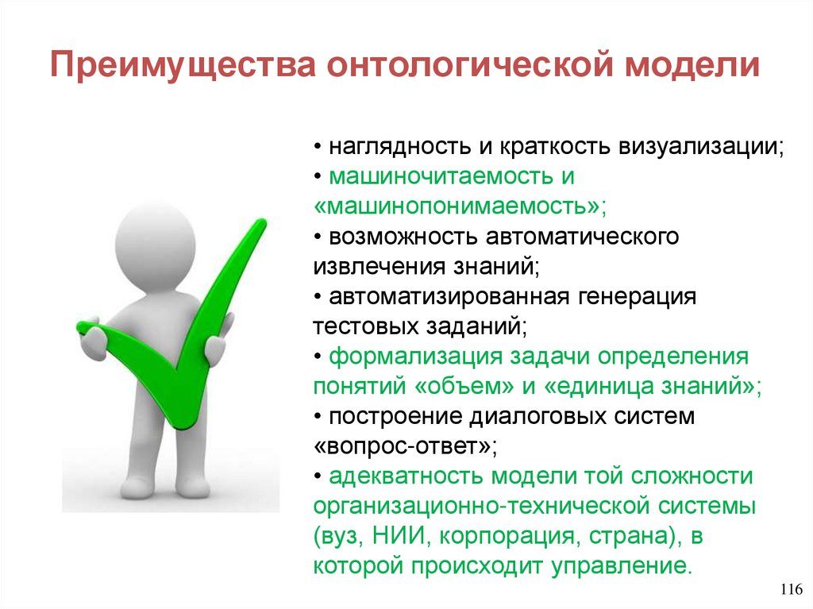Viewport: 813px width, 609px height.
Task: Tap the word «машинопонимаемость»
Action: coord(460,206)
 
